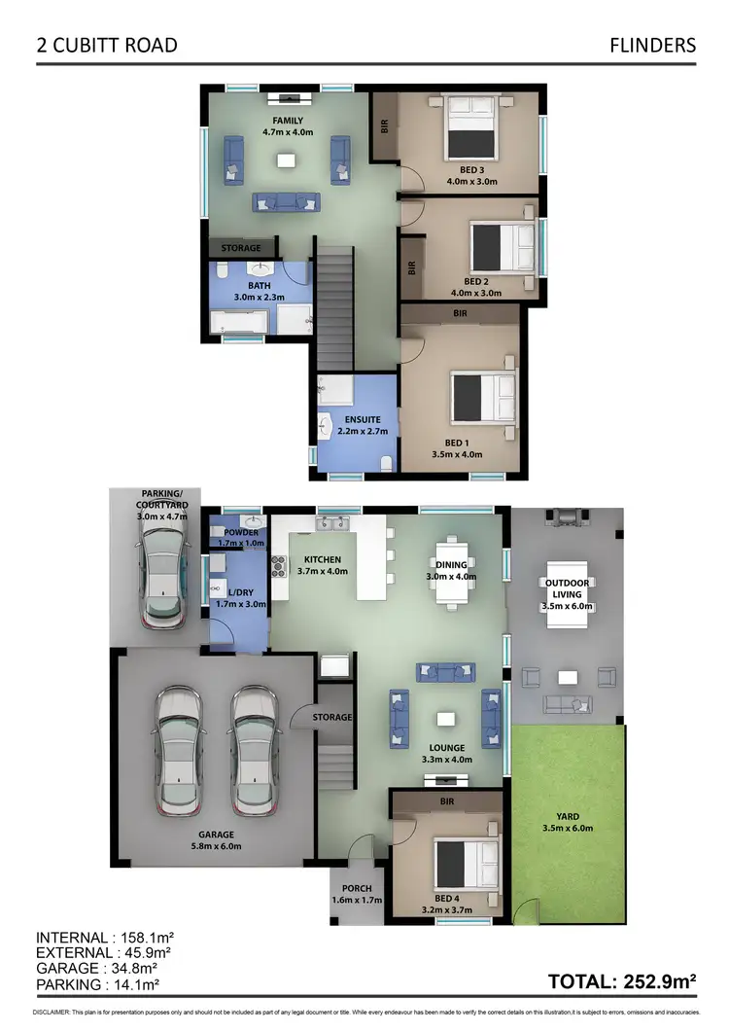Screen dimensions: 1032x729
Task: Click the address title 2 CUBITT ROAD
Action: [x=107, y=45]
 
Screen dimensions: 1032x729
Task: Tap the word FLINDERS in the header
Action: [x=652, y=45]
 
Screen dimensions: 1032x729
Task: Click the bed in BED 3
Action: [x=471, y=127]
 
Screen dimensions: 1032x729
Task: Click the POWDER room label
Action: [x=240, y=532]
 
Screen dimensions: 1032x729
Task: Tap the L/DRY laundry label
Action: [x=239, y=592]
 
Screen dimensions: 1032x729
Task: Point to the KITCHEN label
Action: [x=322, y=560]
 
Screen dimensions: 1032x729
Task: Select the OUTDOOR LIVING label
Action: [x=565, y=588]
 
